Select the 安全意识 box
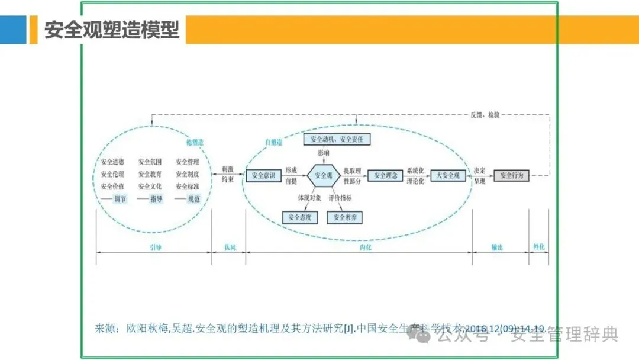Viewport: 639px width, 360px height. click(x=263, y=176)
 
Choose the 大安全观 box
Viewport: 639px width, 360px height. click(x=448, y=176)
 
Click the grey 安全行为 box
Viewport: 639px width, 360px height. click(x=512, y=176)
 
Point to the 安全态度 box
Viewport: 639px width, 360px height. click(x=300, y=217)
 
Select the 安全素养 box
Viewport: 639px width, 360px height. click(x=345, y=217)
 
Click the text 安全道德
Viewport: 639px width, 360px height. click(x=112, y=162)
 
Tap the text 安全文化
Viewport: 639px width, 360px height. click(x=150, y=187)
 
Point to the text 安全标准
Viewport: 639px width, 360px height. click(x=188, y=187)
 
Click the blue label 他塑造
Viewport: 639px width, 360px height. click(x=195, y=143)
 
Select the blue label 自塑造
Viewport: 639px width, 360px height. click(x=274, y=143)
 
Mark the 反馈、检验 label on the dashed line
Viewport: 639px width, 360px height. click(x=485, y=115)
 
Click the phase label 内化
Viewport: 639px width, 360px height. click(x=365, y=247)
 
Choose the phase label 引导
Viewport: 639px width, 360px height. click(x=154, y=247)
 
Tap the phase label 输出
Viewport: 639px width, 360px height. click(x=497, y=247)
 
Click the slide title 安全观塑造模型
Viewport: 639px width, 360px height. click(x=112, y=30)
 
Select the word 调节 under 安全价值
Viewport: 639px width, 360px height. click(x=120, y=199)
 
